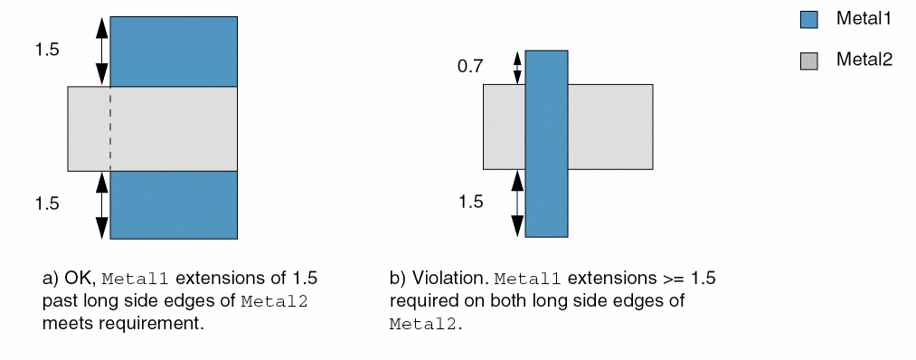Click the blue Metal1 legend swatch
(x=808, y=20)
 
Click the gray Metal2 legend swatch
(x=808, y=61)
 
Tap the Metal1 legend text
(x=864, y=19)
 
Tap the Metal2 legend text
(x=864, y=60)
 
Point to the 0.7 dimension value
(x=469, y=67)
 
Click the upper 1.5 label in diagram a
(x=47, y=51)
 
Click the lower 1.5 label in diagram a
(x=47, y=204)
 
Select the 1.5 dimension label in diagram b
(x=470, y=203)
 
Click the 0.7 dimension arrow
(x=517, y=68)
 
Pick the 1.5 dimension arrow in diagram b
(x=517, y=203)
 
